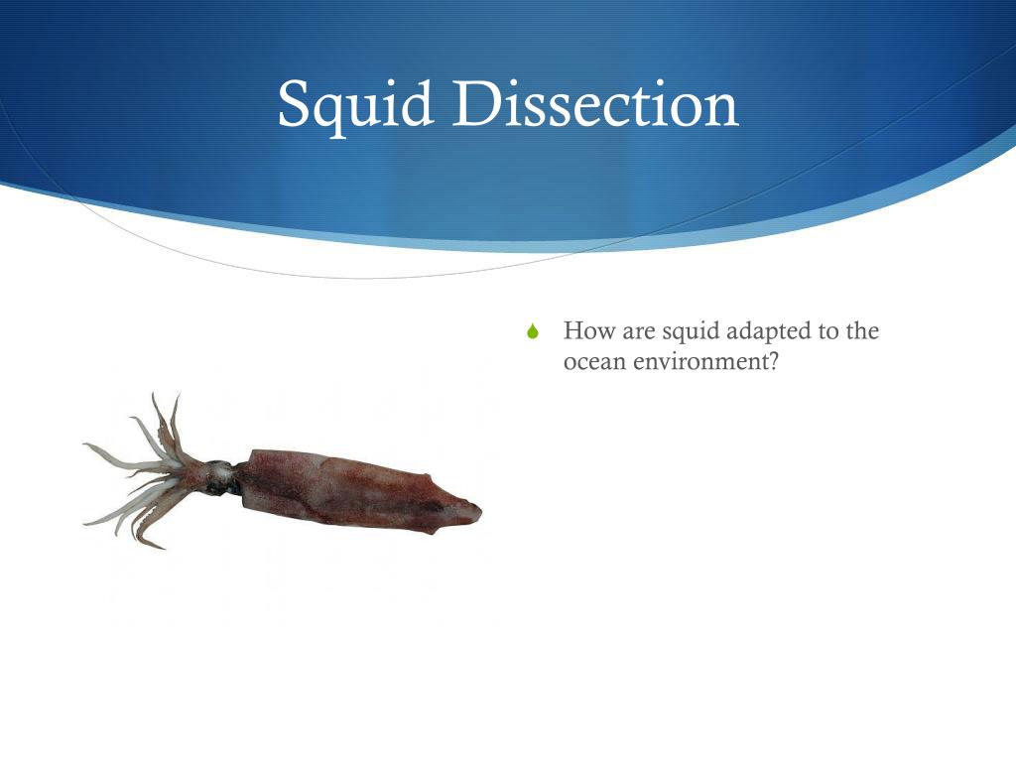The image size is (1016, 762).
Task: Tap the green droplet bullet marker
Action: point(533,333)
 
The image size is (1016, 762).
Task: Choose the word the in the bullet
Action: point(861,330)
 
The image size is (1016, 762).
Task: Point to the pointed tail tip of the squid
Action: point(476,510)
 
